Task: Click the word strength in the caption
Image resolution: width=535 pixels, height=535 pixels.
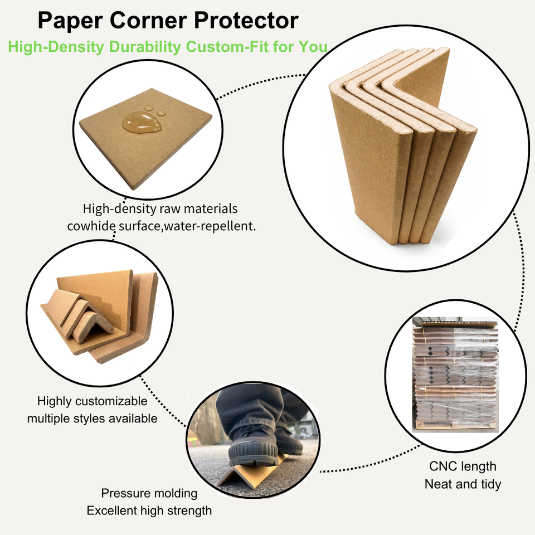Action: pos(189,510)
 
